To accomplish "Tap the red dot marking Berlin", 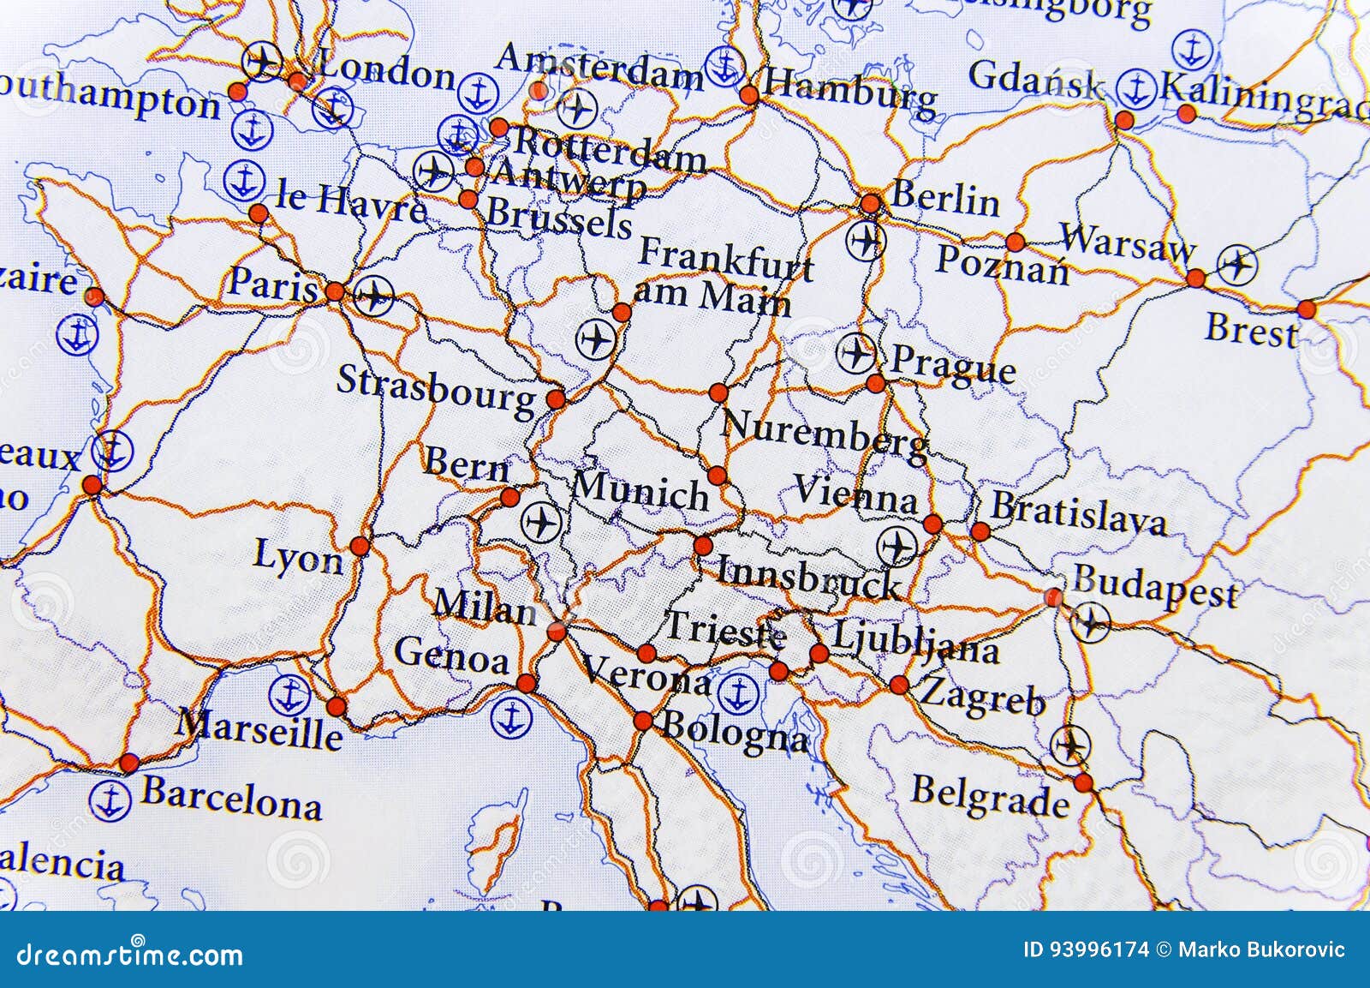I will (x=870, y=204).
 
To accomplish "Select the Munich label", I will (x=640, y=491).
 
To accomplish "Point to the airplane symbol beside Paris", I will (x=373, y=296).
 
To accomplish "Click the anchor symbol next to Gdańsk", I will (x=1136, y=88).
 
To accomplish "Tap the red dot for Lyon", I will (x=360, y=546).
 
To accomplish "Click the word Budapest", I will (x=1155, y=587).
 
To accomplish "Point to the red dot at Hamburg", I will (x=749, y=94).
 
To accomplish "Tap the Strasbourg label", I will (x=436, y=390).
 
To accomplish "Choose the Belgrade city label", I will (x=990, y=795).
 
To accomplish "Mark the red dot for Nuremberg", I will (x=718, y=393).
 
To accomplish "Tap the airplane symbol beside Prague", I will (x=855, y=352).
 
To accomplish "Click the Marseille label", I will (x=259, y=730).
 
